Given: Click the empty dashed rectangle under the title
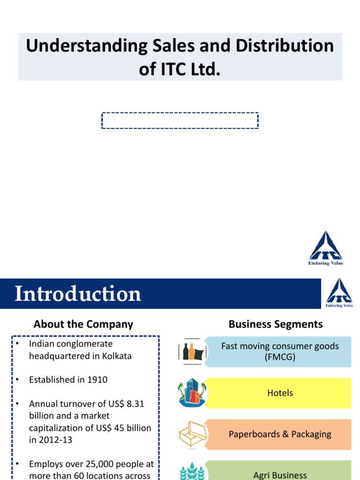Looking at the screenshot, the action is click(x=180, y=120).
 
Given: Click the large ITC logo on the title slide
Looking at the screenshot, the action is click(x=325, y=248).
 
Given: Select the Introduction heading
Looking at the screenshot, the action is click(x=78, y=294).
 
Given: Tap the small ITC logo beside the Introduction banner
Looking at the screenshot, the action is click(x=339, y=293).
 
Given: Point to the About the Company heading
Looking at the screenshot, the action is click(x=83, y=324).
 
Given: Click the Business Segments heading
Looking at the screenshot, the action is click(x=276, y=324).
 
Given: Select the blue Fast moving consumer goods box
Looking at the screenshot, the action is click(x=279, y=351).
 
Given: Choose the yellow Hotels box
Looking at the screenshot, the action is click(x=279, y=393).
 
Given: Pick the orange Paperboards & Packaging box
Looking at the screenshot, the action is click(x=279, y=434).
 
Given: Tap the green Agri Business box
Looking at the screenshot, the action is click(x=279, y=472).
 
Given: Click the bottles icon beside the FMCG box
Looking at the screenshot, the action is click(x=192, y=351).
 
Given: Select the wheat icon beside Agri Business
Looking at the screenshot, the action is click(x=192, y=472).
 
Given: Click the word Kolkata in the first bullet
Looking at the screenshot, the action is click(x=116, y=356).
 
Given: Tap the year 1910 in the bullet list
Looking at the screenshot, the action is click(x=97, y=380).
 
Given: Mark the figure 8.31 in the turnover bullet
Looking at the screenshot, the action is click(x=134, y=404).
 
